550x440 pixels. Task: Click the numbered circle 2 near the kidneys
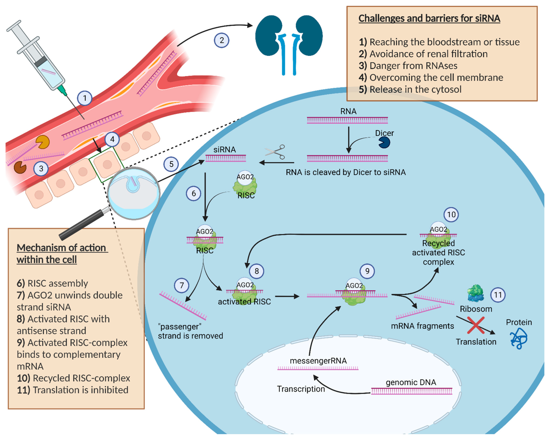pos(221,40)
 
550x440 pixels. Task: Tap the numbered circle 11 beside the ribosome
pos(498,295)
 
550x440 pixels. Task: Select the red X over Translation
pos(476,325)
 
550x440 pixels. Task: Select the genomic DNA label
pos(411,382)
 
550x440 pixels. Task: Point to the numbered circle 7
pos(182,285)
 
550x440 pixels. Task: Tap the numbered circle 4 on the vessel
pos(112,139)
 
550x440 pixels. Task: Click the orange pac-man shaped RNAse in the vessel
pos(42,142)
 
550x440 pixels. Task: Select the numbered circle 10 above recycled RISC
pos(451,215)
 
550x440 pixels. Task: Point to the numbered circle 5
pos(171,164)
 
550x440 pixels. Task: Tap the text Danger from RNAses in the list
pos(413,66)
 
